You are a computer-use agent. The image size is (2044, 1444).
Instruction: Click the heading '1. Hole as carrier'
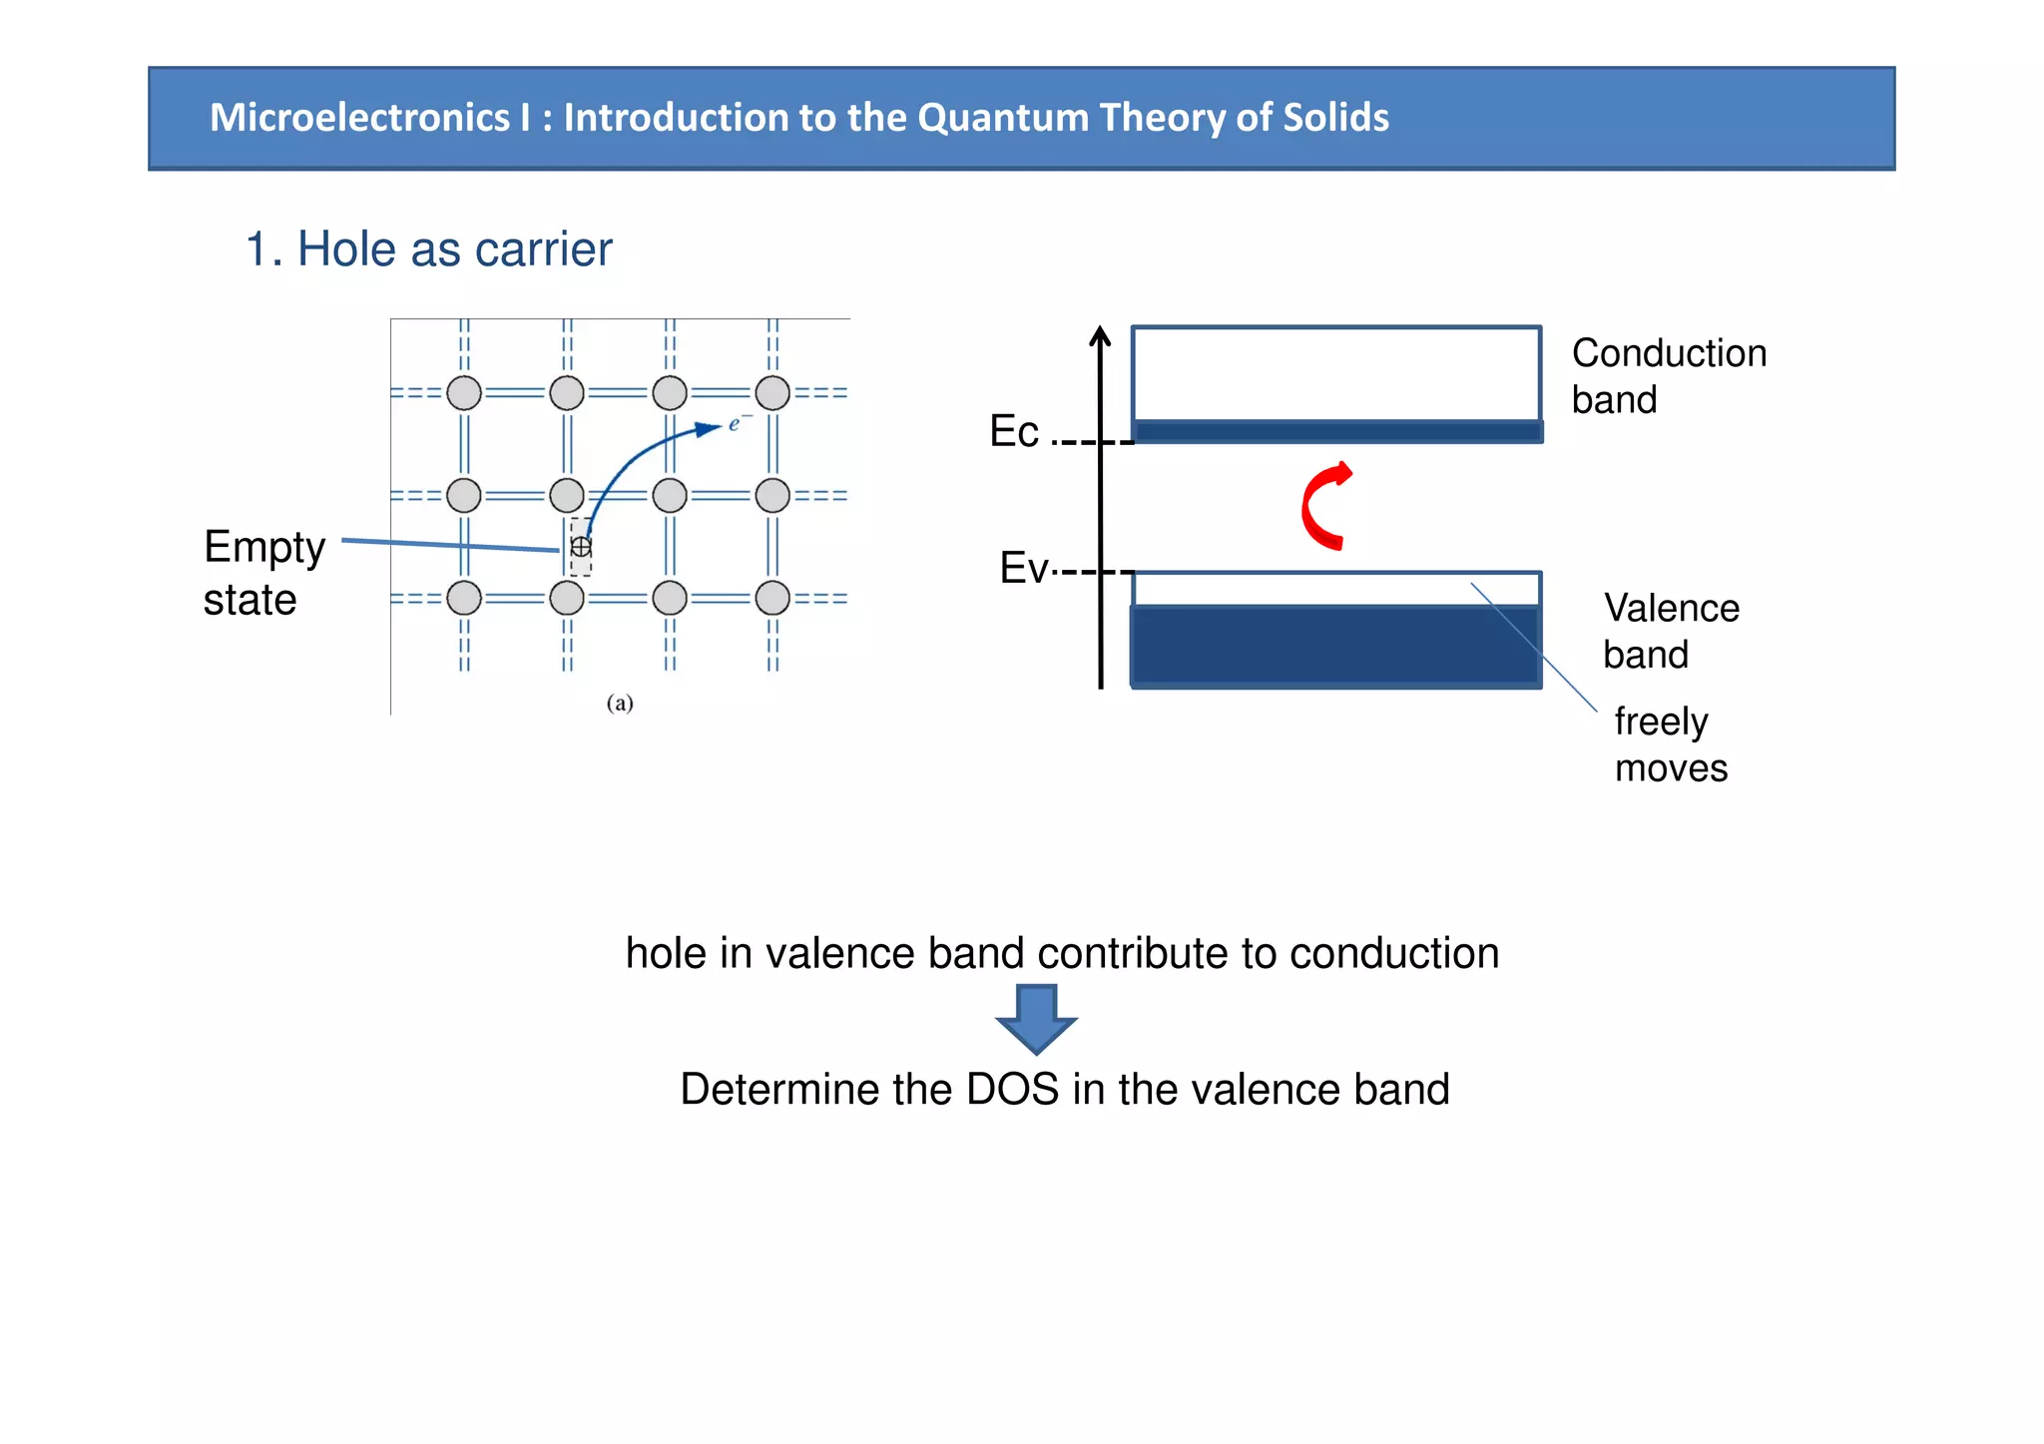click(428, 248)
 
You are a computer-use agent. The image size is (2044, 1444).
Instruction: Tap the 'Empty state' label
click(263, 573)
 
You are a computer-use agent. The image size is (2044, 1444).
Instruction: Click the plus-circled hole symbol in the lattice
click(580, 547)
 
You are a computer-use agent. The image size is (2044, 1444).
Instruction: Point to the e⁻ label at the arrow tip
click(737, 423)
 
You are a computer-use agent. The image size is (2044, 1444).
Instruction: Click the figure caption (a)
click(620, 703)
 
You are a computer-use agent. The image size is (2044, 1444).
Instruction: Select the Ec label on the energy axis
click(1014, 431)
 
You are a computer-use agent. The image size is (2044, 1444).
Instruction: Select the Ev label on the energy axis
click(1024, 568)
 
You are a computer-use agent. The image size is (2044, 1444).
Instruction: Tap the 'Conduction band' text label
click(1668, 376)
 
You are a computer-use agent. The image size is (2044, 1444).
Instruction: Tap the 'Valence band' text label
click(1670, 631)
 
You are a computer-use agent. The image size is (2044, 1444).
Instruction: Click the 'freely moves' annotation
click(1670, 744)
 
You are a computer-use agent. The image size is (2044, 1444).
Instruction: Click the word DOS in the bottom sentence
click(1012, 1089)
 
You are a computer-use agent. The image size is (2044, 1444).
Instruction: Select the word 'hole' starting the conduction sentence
click(666, 953)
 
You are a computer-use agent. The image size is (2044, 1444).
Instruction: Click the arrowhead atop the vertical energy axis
click(1100, 336)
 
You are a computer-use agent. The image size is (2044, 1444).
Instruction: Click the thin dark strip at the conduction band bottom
click(1337, 432)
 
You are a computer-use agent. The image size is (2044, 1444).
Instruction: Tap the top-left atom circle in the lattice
click(464, 393)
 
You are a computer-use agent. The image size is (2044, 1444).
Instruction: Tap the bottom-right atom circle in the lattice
click(772, 598)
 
